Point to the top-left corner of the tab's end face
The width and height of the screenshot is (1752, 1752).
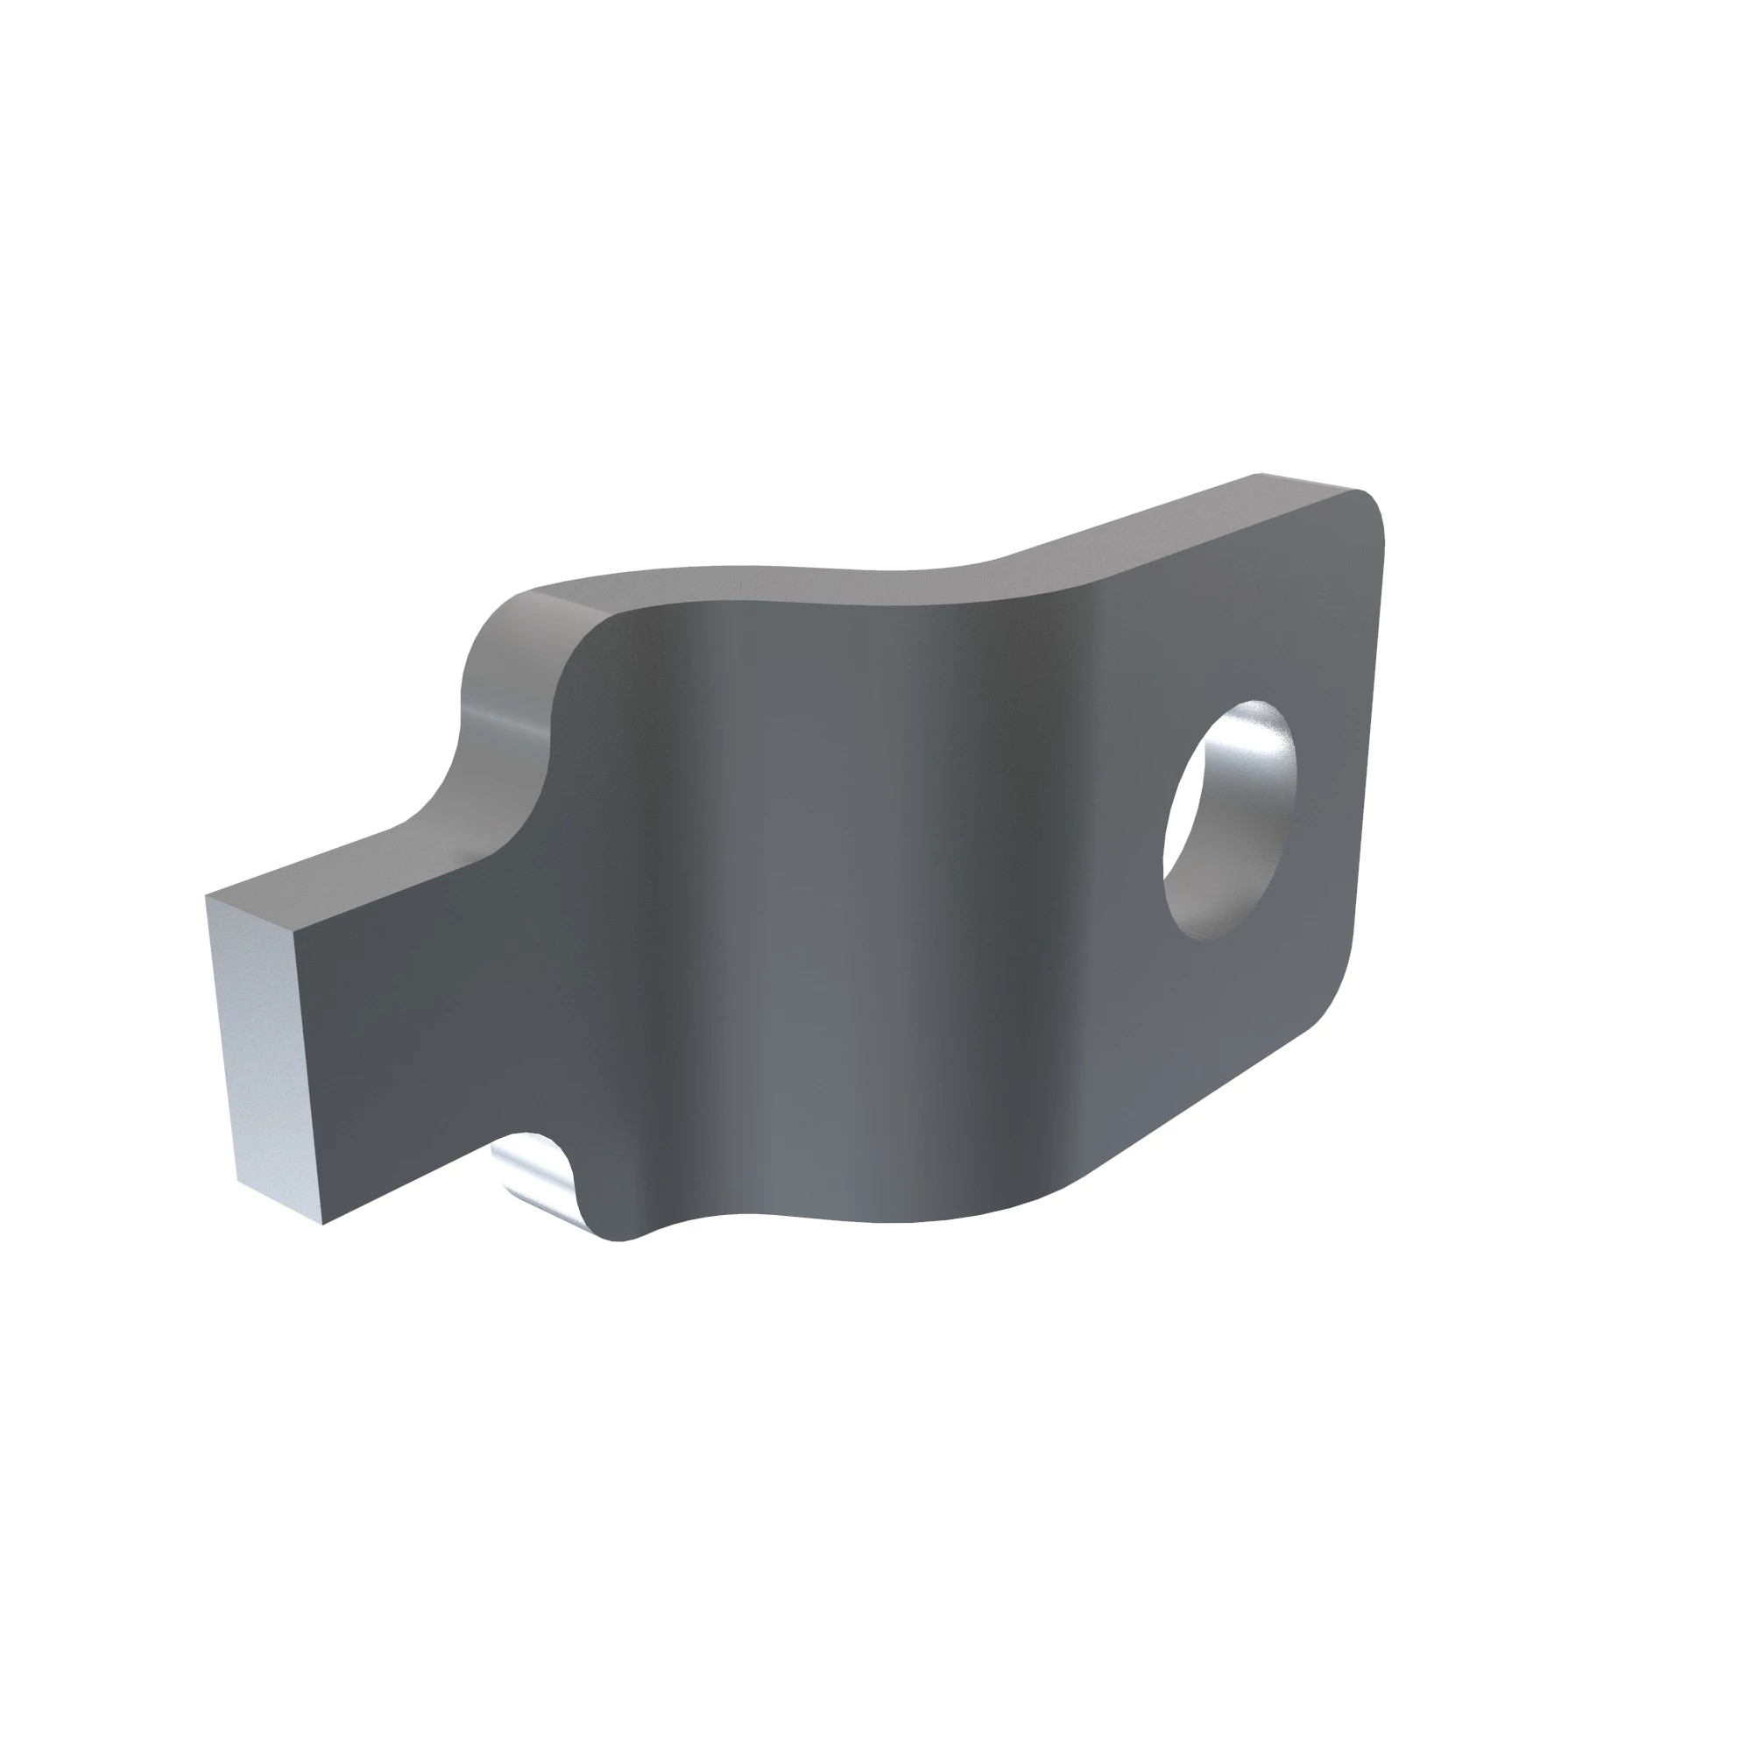207,897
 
